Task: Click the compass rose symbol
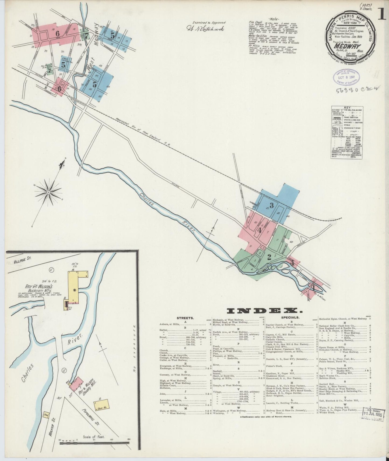pyautogui.click(x=48, y=192)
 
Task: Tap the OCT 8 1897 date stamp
pyautogui.click(x=346, y=76)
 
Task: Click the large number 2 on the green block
pyautogui.click(x=269, y=257)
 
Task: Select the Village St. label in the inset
pyautogui.click(x=22, y=258)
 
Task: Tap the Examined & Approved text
pyautogui.click(x=209, y=23)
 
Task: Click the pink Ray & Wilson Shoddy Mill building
pyautogui.click(x=77, y=384)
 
